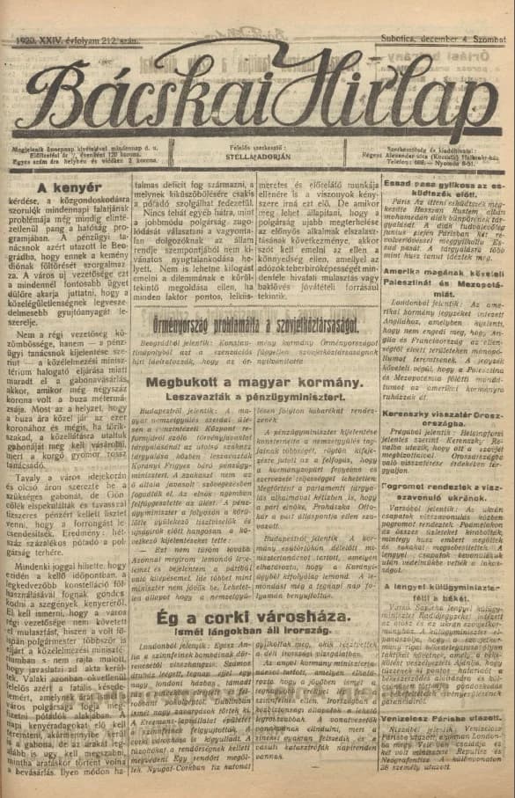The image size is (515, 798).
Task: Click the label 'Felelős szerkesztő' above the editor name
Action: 258,149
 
